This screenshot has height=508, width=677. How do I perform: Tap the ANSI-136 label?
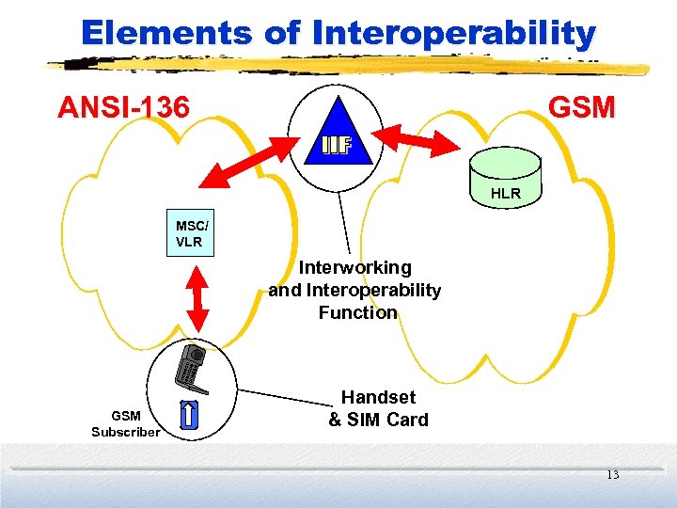[123, 107]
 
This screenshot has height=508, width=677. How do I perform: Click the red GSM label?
[581, 107]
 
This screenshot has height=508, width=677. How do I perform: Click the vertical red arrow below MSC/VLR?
[197, 297]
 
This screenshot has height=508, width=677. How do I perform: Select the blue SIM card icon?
[188, 413]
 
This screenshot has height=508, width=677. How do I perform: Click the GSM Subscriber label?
[126, 423]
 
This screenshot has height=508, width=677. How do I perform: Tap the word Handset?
[378, 398]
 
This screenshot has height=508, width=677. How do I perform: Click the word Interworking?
[354, 268]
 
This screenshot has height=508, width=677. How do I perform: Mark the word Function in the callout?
[357, 312]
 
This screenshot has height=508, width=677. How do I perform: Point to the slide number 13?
[612, 475]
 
